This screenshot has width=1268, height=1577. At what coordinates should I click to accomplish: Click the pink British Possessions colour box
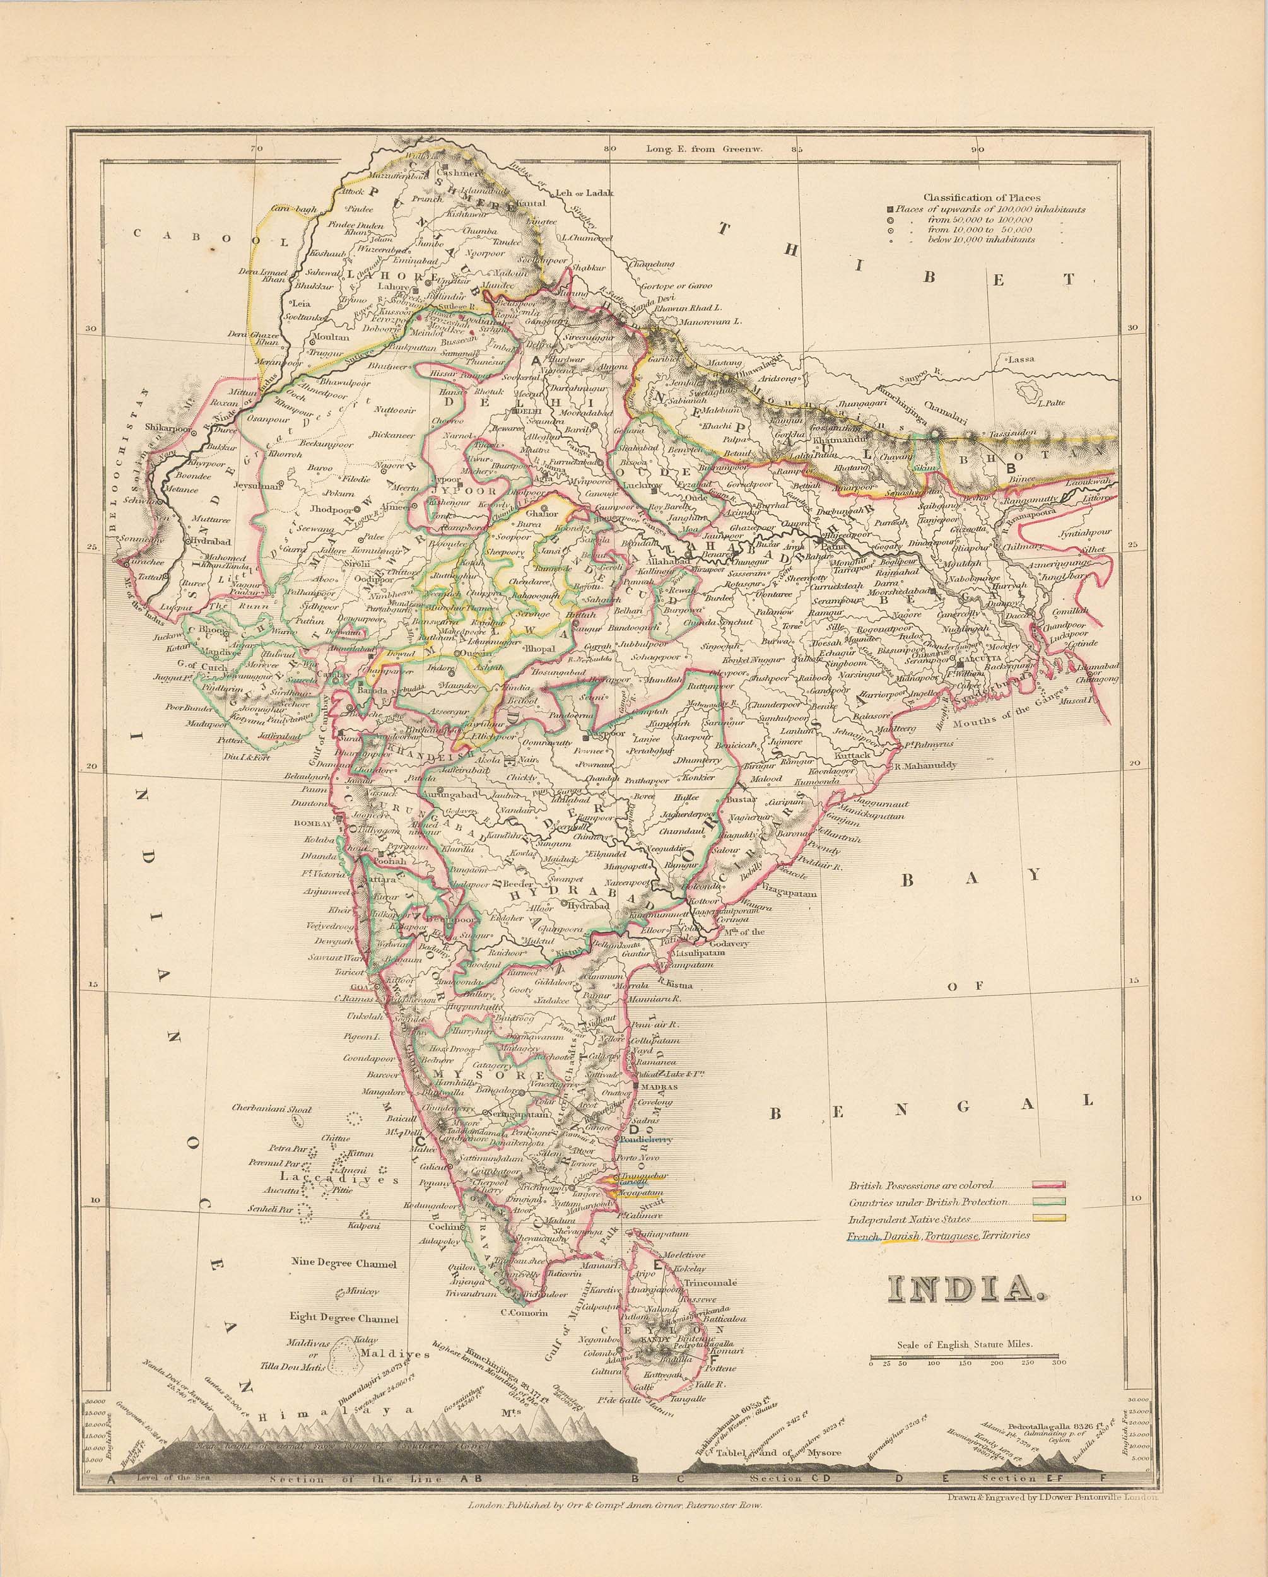pos(1048,1185)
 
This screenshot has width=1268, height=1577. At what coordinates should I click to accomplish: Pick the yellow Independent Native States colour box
pos(1048,1219)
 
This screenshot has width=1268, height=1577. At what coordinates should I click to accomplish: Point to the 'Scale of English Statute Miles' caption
pos(965,1344)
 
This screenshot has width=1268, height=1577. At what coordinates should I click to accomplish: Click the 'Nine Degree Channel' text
pos(344,1263)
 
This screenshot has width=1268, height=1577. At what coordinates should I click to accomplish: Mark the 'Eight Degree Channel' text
pos(344,1318)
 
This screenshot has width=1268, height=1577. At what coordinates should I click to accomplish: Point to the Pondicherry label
pos(646,1140)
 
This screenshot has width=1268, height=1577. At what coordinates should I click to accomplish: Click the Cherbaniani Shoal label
pos(271,1109)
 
